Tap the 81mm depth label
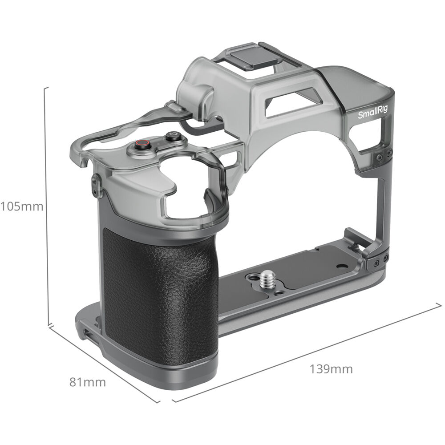point(88,382)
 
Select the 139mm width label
point(332,368)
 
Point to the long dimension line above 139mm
point(307,352)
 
